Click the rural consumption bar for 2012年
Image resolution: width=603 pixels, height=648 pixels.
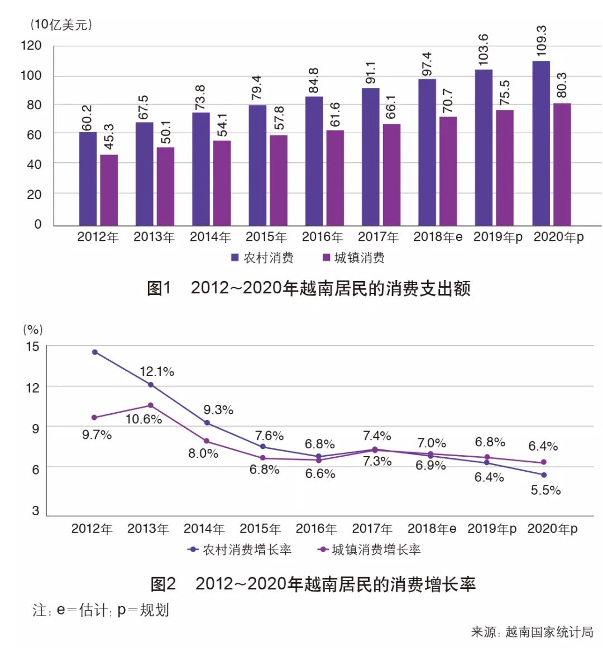88,178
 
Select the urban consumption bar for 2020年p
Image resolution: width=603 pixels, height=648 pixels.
562,164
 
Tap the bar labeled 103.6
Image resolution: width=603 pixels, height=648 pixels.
484,147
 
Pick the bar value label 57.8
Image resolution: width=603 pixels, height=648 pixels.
279,118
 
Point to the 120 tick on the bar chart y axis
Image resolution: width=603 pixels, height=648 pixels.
31,46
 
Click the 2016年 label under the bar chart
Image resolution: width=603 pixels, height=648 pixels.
322,237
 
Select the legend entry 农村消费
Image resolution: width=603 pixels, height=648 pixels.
262,258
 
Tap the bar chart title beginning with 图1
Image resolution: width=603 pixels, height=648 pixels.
308,288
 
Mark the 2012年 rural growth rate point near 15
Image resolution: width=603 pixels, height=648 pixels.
95,352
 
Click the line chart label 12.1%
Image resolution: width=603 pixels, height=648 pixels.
157,371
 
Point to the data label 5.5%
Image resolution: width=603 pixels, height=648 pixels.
545,490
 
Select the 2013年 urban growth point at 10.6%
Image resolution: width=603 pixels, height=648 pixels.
151,405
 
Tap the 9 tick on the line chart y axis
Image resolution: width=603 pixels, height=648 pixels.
35,428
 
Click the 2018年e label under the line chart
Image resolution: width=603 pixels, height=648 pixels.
432,529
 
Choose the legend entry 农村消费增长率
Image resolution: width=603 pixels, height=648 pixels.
240,549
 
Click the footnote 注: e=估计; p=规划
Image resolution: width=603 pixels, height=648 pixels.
100,610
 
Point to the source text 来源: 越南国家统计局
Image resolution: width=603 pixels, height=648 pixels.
532,632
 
